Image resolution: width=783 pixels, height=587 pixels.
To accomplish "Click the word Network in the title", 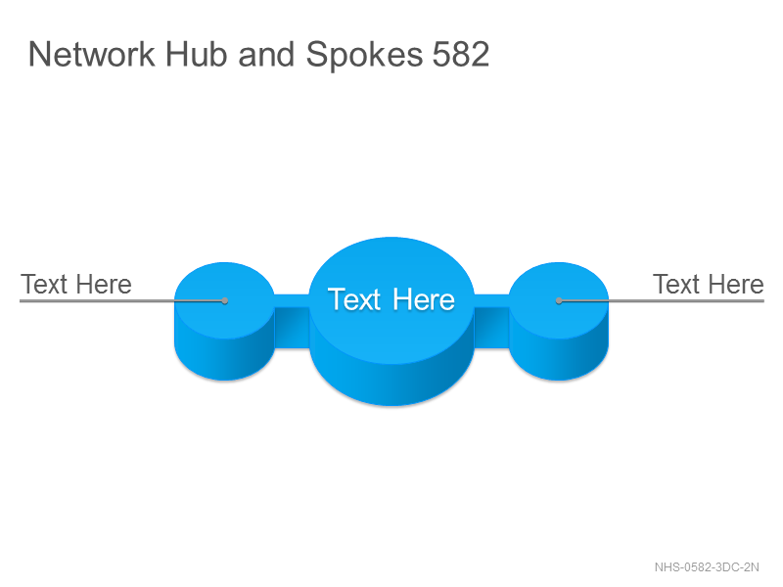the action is click(92, 54).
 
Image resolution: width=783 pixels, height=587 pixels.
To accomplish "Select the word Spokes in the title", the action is click(364, 56).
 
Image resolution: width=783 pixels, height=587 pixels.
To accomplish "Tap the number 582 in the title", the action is click(460, 54).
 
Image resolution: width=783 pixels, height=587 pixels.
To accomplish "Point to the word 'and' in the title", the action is click(266, 54).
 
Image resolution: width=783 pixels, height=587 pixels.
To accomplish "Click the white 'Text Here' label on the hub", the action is click(391, 299).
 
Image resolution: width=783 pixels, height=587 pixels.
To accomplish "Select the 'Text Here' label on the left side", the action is click(76, 285).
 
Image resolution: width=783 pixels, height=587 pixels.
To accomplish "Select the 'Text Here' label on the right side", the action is click(708, 285).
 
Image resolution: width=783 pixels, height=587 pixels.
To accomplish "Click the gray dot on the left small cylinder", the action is click(225, 300).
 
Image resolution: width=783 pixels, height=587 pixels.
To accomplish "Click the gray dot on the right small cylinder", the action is click(559, 300).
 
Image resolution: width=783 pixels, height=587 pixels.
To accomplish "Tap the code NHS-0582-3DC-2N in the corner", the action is click(707, 567).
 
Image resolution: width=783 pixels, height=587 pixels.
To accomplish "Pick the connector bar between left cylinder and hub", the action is click(292, 321).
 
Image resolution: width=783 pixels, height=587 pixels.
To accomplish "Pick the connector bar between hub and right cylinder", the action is click(491, 321).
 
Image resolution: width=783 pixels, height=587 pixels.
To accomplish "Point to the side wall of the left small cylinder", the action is click(224, 358).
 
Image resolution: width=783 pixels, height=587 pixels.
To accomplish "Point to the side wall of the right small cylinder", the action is click(559, 358).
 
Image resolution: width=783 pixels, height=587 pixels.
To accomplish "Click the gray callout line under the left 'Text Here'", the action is click(122, 301).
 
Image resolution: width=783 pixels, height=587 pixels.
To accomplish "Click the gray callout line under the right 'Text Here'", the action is click(662, 301).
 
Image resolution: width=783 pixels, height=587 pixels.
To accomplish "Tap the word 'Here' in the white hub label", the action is click(424, 299).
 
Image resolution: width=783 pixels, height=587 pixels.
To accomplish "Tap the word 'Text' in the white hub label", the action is click(354, 299).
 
